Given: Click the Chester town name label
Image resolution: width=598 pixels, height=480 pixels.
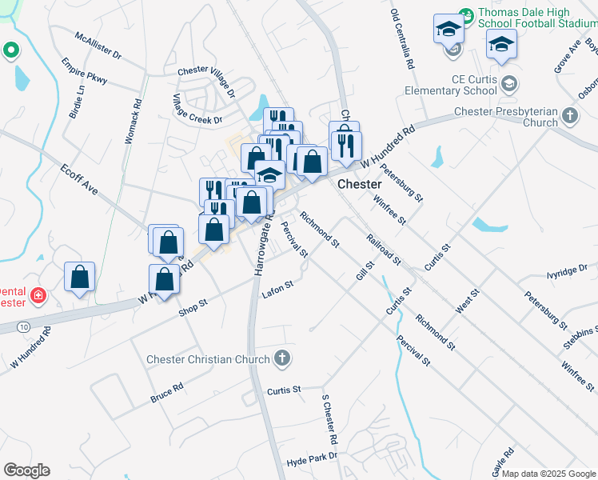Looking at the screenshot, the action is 359,184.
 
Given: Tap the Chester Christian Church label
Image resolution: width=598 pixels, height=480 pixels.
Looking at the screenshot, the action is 208,359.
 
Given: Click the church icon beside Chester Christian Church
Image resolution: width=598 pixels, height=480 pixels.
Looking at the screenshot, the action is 281,358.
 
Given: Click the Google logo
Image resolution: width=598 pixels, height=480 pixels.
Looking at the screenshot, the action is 26,470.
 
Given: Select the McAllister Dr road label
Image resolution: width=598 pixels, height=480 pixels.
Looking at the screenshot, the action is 97,47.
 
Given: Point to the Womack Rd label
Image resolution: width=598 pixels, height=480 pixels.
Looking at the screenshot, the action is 133,121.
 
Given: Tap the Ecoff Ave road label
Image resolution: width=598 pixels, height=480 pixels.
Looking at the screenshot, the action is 78,180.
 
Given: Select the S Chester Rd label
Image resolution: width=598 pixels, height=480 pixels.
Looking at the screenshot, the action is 329,419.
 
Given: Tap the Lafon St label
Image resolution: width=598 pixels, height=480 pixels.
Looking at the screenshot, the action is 277,289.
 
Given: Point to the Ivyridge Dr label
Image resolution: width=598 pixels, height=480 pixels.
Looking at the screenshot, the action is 567,272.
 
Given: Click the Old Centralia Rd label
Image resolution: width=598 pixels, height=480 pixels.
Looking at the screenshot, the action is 402,38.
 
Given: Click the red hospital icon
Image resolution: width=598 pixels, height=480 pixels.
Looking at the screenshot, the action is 37,296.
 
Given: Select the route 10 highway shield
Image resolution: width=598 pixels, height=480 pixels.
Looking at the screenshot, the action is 25,327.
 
